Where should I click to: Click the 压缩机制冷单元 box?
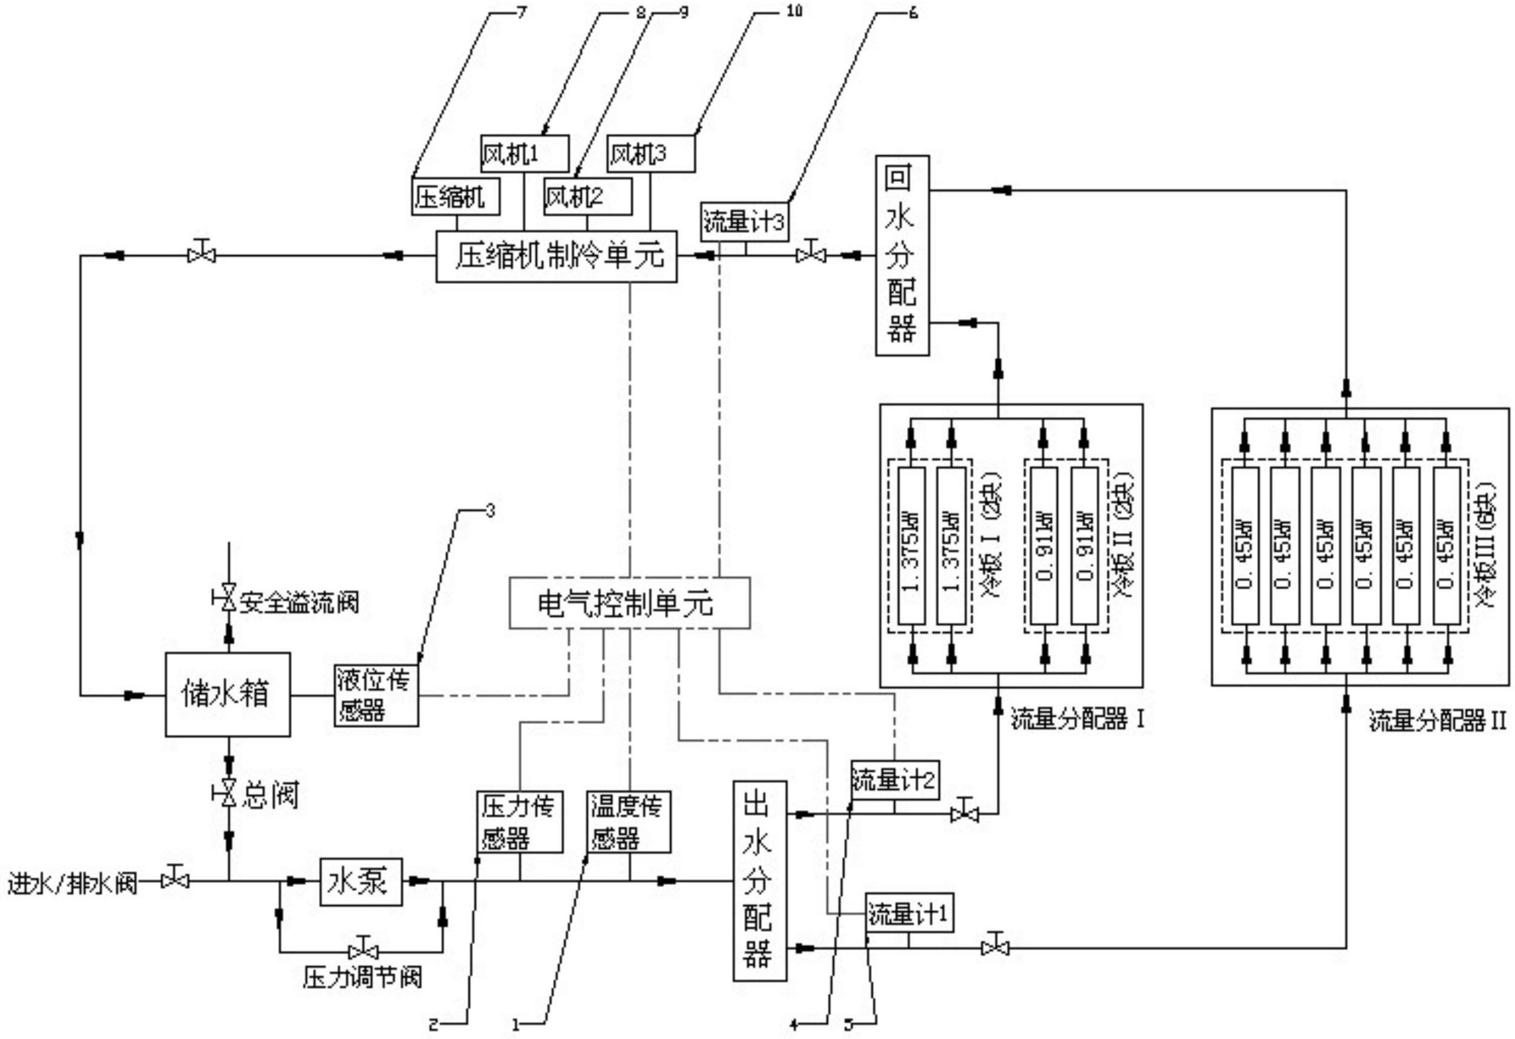556,256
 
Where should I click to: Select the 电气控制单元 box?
629,603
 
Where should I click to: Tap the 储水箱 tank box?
227,695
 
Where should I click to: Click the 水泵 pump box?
361,882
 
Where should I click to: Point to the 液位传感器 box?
377,695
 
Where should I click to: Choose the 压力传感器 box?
520,822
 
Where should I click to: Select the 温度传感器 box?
629,822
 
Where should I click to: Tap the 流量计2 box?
894,780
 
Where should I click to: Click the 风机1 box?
524,154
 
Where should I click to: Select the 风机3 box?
650,154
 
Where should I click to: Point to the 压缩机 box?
456,196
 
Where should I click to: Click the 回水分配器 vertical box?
901,255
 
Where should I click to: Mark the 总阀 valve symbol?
227,794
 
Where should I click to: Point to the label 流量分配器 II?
1437,721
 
